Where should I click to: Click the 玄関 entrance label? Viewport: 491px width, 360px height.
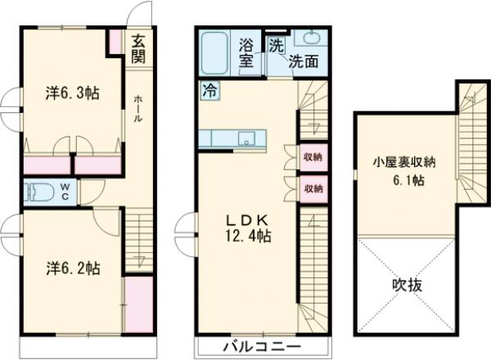click(138, 47)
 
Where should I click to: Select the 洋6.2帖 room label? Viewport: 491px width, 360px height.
click(73, 268)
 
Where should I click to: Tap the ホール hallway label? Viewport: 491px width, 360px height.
click(138, 106)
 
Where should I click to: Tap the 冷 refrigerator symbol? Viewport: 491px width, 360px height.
click(210, 91)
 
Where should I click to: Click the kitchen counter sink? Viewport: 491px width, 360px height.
click(245, 138)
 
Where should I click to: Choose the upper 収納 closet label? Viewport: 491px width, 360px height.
click(312, 156)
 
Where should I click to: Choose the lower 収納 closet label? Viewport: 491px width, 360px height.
click(312, 188)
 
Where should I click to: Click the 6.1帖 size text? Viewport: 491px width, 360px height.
click(407, 179)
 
